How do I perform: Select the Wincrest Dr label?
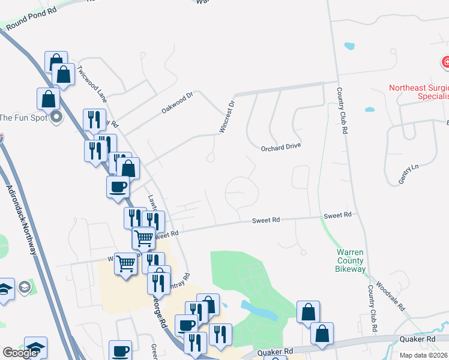[226, 118]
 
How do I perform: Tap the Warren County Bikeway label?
[350, 260]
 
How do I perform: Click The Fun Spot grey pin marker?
[56, 117]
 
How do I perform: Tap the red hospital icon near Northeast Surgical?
[447, 62]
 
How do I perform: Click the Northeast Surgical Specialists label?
[419, 92]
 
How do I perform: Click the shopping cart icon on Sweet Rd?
[143, 238]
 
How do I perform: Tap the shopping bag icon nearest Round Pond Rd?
[55, 61]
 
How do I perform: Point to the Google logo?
[20, 353]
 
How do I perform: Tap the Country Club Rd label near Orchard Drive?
[342, 112]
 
